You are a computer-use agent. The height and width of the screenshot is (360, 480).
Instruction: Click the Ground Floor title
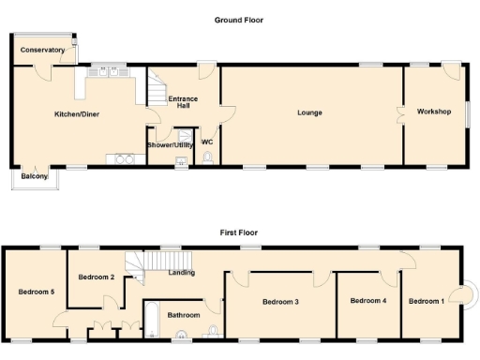point(239,19)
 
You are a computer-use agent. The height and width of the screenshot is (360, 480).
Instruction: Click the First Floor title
point(239,232)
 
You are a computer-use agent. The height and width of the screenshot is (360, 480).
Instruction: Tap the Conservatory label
point(42,50)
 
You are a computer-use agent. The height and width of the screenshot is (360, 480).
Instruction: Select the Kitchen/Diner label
point(77,113)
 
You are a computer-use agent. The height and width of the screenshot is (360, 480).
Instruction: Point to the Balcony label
point(34,175)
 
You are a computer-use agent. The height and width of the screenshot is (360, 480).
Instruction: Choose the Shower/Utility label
point(170,144)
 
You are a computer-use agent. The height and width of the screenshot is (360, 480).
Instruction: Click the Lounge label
point(309,112)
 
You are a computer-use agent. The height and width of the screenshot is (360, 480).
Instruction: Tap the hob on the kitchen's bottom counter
point(124,157)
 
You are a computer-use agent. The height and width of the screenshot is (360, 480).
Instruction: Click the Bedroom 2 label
point(97,277)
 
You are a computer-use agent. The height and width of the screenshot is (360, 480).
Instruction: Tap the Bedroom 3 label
point(280,301)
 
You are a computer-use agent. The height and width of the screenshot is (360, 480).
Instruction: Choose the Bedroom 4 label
point(367,300)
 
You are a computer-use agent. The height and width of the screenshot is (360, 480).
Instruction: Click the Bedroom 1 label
point(427,300)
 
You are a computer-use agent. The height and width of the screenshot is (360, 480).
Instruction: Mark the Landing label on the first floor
point(181,273)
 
